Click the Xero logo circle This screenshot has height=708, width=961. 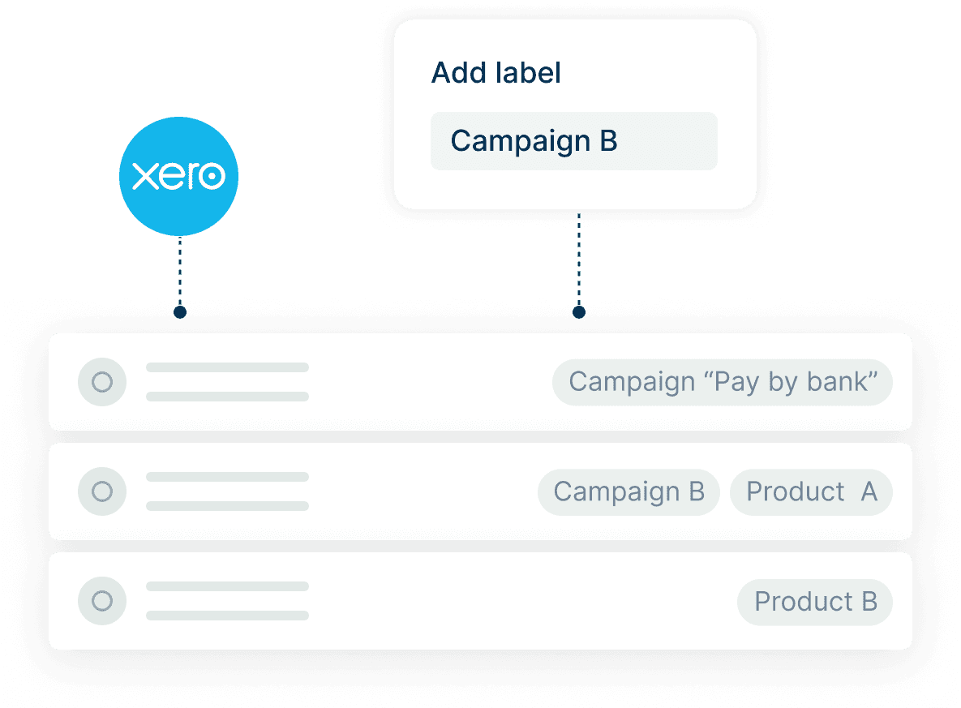[x=178, y=176]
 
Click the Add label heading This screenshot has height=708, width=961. [x=496, y=73]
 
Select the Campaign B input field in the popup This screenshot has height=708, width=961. [x=573, y=141]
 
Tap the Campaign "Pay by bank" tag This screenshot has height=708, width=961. [x=722, y=382]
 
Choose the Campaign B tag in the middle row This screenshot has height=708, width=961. [x=629, y=491]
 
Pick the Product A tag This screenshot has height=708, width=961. [x=811, y=491]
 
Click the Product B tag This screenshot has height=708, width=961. [x=815, y=602]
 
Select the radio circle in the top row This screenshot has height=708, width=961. [x=102, y=382]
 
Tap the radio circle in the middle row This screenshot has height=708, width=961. [x=102, y=491]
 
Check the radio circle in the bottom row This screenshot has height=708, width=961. [x=102, y=601]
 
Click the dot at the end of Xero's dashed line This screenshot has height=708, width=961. [x=180, y=312]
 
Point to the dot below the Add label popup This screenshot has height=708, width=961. [x=578, y=311]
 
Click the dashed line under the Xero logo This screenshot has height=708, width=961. [x=179, y=272]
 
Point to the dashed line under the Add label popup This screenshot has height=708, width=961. [x=578, y=260]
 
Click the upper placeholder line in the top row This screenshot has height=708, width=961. [x=227, y=367]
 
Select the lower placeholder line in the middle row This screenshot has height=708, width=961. [x=227, y=506]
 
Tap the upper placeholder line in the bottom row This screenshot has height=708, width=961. [x=227, y=586]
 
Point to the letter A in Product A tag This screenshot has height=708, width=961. [x=869, y=491]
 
